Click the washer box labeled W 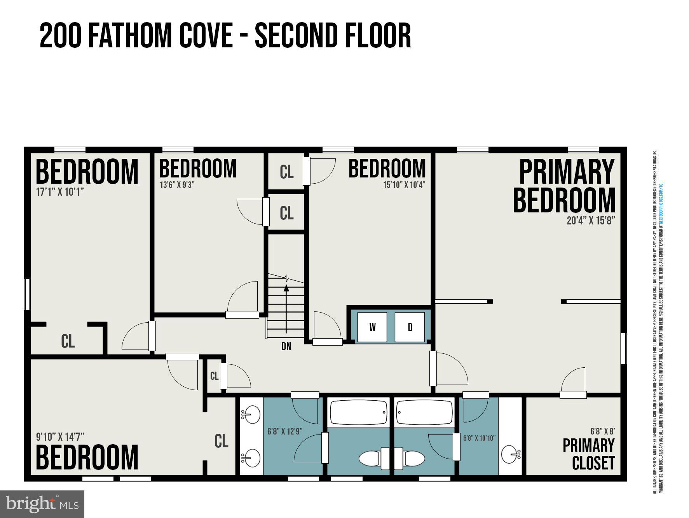pyautogui.click(x=372, y=327)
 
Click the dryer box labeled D pyautogui.click(x=410, y=327)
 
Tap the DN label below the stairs pyautogui.click(x=286, y=346)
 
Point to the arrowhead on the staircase pyautogui.click(x=286, y=288)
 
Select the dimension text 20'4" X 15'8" pyautogui.click(x=591, y=221)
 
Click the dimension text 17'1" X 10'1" pyautogui.click(x=60, y=192)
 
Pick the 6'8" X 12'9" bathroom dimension pyautogui.click(x=285, y=431)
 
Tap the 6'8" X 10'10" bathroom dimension pyautogui.click(x=479, y=438)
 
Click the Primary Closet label pyautogui.click(x=589, y=454)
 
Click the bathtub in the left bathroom pyautogui.click(x=358, y=412)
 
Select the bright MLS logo pyautogui.click(x=42, y=504)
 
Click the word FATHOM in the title pyautogui.click(x=130, y=36)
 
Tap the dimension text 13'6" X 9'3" pyautogui.click(x=177, y=184)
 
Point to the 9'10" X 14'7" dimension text pyautogui.click(x=60, y=436)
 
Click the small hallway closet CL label pyautogui.click(x=214, y=376)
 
